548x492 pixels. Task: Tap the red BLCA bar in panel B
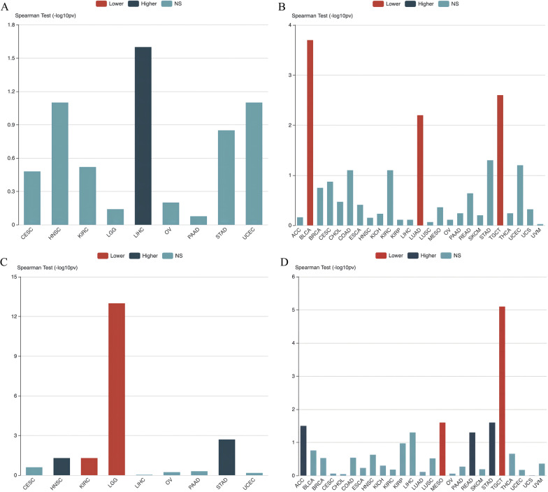pyautogui.click(x=310, y=133)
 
